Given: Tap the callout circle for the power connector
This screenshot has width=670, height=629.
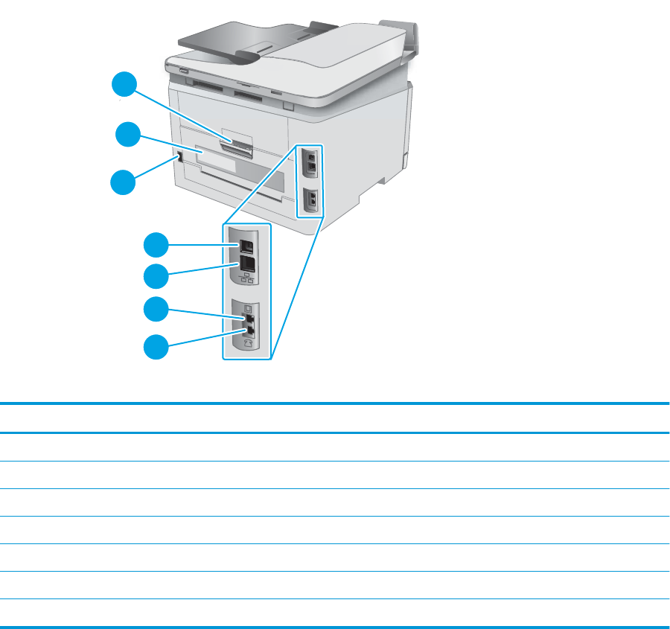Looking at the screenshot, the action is (124, 183).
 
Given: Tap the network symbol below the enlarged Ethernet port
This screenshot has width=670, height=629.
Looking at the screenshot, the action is (247, 280).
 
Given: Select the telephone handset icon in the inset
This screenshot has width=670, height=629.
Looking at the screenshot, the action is (249, 344).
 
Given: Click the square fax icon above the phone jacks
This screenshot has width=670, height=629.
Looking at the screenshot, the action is (249, 307).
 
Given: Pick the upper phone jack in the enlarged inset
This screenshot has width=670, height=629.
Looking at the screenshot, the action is (250, 319).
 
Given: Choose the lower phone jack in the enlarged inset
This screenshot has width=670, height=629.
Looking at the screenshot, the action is (250, 330).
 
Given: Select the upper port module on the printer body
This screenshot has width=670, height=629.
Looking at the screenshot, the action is (312, 162).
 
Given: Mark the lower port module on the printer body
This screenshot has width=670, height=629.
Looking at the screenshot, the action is (312, 199).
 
